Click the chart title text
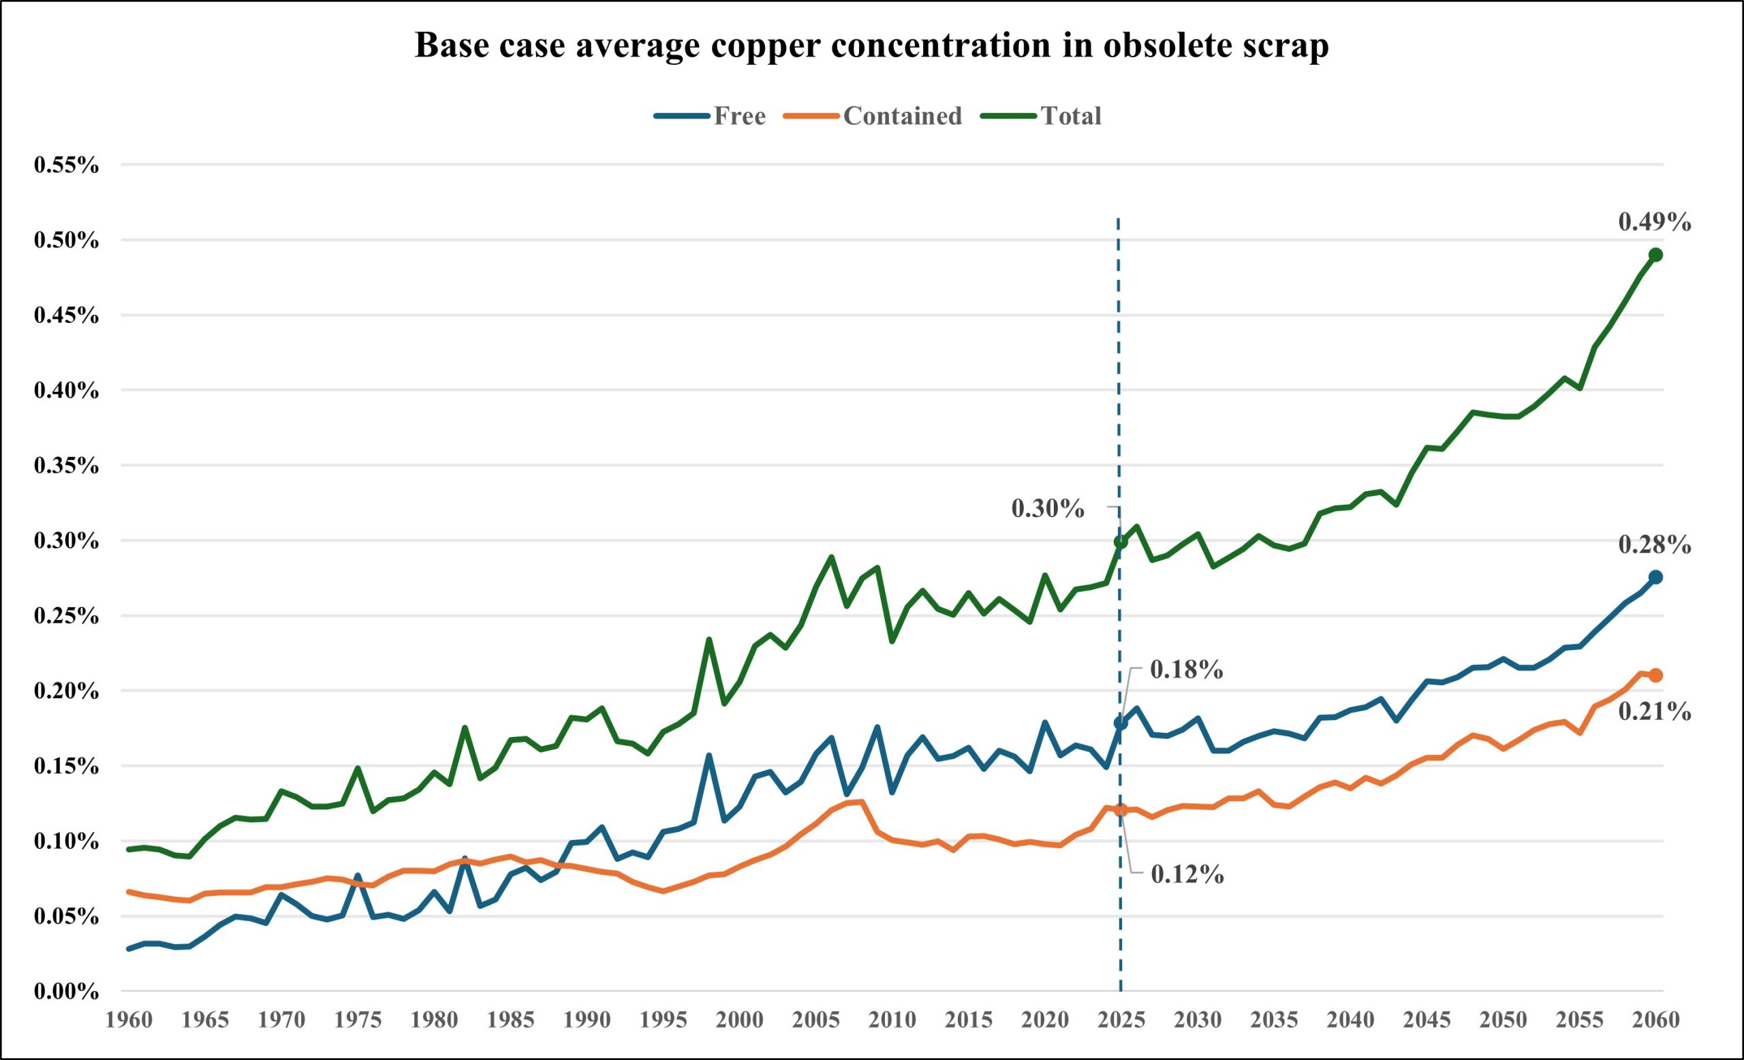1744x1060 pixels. pos(871,45)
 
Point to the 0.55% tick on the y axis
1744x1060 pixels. pos(66,166)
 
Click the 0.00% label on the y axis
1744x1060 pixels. pos(66,992)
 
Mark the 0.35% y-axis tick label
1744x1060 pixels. pos(66,467)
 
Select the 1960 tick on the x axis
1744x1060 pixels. pos(129,1020)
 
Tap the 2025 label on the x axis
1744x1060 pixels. pos(1121,1020)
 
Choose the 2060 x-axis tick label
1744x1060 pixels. pos(1655,1020)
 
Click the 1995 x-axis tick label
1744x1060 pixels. pos(664,1020)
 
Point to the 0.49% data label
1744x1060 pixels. pos(1655,223)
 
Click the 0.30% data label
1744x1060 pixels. pos(1048,509)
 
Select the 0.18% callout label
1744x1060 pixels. pos(1186,670)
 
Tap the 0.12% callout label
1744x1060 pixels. pos(1187,875)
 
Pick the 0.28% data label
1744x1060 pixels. pos(1655,545)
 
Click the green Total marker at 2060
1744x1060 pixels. pos(1655,255)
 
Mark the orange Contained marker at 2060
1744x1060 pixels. pos(1655,676)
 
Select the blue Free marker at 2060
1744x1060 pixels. pos(1655,578)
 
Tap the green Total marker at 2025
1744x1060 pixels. pos(1121,542)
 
